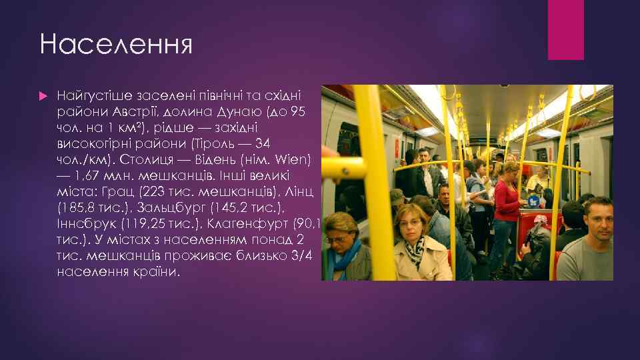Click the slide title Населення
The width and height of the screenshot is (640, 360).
(x=115, y=45)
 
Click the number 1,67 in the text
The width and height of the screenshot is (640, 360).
(x=88, y=176)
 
